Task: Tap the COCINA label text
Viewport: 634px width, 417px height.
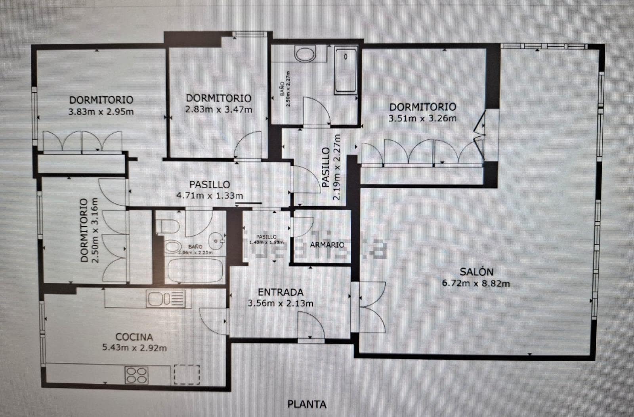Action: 134,337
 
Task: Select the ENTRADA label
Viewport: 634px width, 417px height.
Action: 281,292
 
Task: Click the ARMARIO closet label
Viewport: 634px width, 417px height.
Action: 327,245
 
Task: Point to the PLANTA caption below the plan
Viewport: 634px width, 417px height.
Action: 307,404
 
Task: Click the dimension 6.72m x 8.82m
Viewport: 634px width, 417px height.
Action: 475,283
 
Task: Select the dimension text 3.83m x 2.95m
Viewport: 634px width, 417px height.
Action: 101,112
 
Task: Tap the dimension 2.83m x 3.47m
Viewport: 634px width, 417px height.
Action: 219,109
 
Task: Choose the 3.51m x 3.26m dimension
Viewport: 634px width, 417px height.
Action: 422,118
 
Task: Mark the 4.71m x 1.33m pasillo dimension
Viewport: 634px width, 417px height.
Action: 210,195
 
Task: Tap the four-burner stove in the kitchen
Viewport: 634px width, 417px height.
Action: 137,374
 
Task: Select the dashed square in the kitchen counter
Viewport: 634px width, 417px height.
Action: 187,374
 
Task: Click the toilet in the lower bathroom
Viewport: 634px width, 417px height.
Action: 168,226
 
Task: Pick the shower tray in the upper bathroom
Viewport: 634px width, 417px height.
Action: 346,70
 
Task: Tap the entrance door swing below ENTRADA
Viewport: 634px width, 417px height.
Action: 311,325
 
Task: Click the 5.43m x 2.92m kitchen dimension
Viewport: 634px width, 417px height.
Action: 134,349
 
